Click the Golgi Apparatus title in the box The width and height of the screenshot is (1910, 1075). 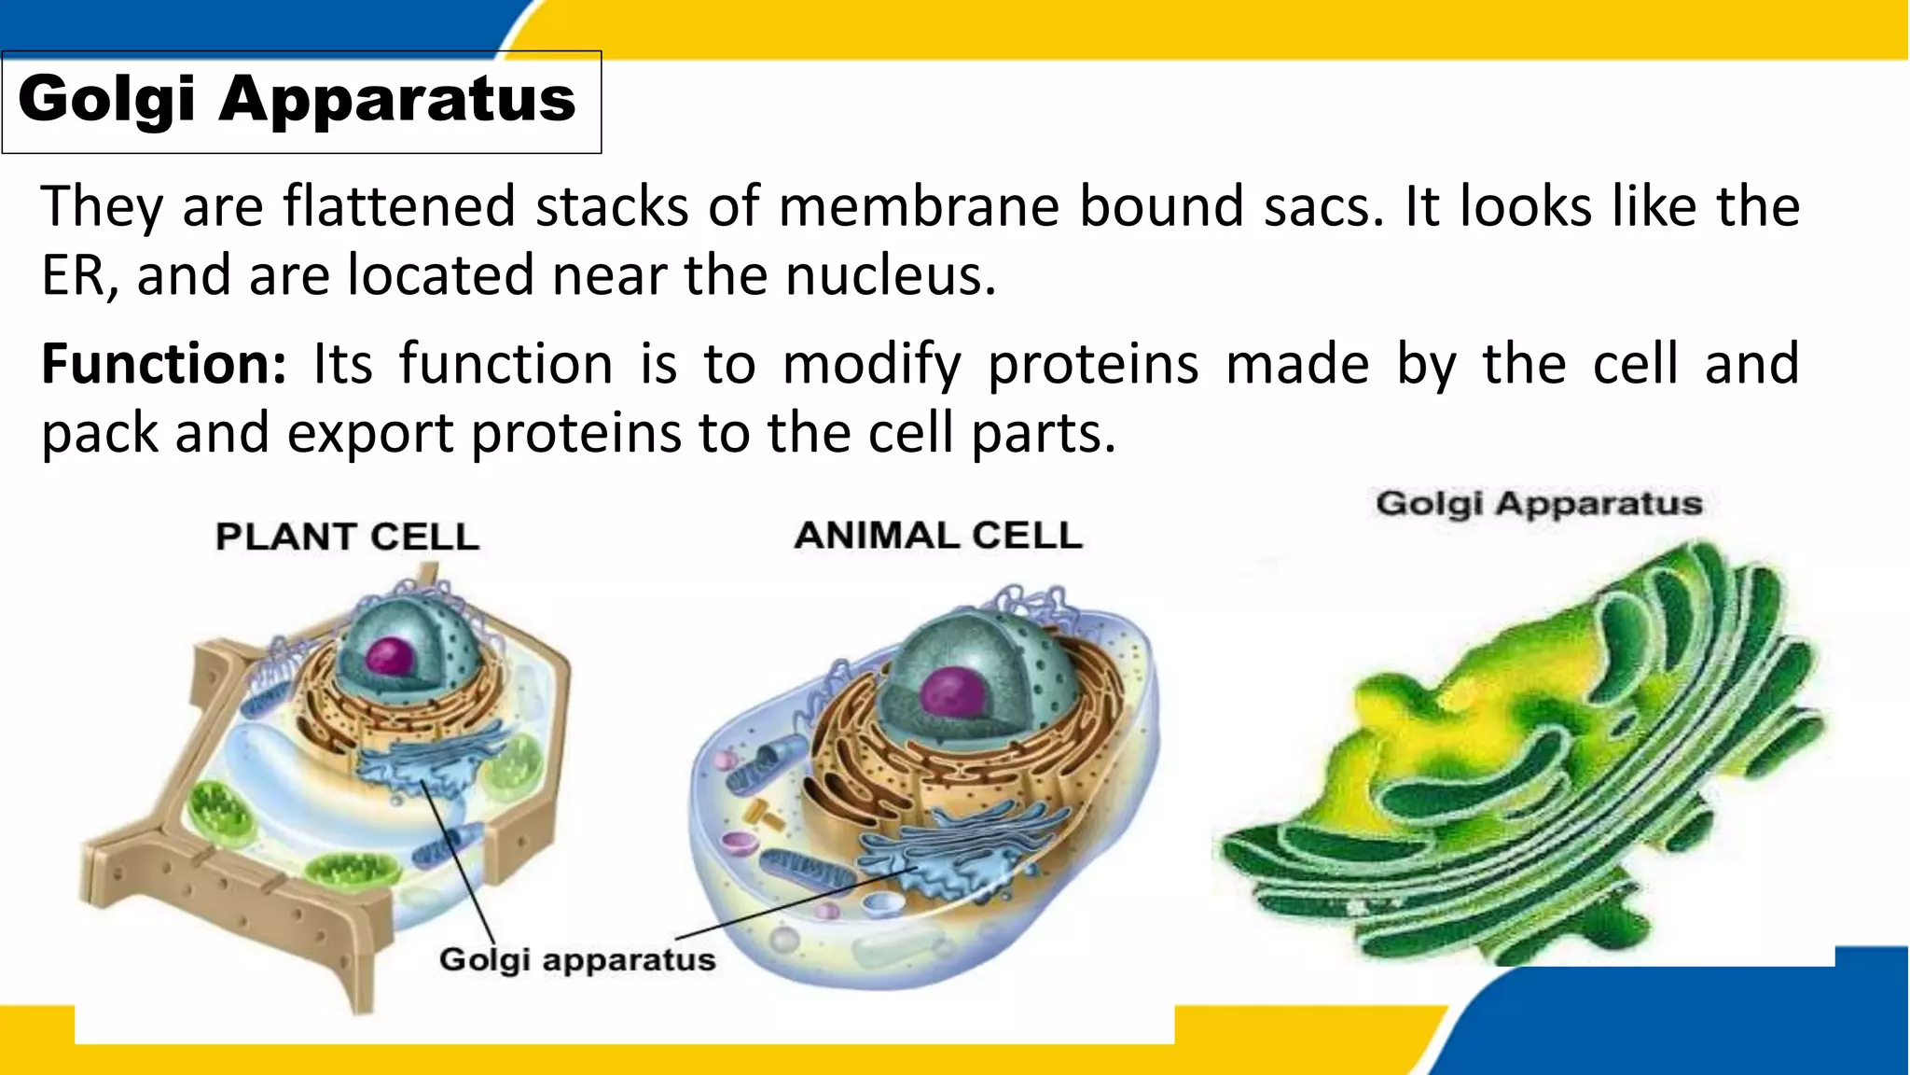click(x=297, y=99)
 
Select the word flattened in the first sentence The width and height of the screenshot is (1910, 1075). click(x=398, y=206)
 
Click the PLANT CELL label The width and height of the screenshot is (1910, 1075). click(x=347, y=537)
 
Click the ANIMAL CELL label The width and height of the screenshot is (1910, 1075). click(x=938, y=536)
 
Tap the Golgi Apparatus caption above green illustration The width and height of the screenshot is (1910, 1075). click(x=1539, y=504)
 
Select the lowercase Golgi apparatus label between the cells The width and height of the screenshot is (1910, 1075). click(x=577, y=959)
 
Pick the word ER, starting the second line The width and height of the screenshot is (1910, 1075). click(x=78, y=276)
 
